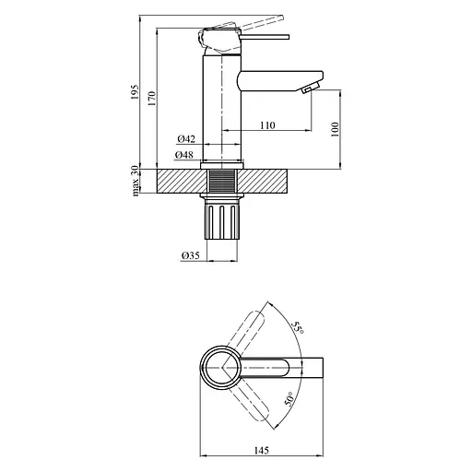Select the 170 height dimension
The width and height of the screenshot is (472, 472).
(163, 94)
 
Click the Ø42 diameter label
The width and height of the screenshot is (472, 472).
(185, 138)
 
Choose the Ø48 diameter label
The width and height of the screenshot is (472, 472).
(185, 155)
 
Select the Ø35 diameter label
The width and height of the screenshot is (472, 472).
(189, 255)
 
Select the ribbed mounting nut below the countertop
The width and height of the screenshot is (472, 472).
(221, 221)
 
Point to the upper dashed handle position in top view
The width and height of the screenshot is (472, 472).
(248, 325)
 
